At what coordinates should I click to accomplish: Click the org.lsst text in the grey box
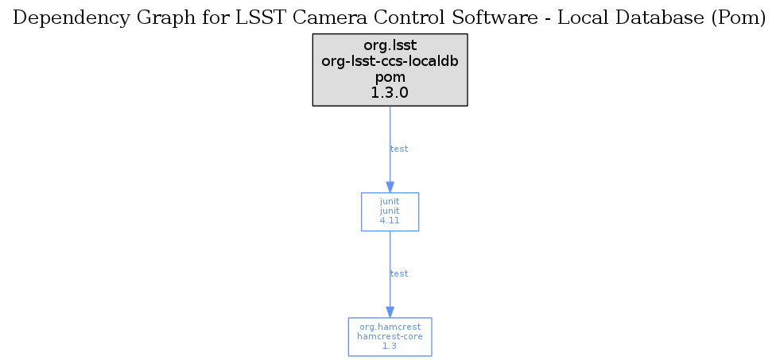(x=390, y=46)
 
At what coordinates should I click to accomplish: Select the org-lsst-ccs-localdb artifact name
(x=390, y=61)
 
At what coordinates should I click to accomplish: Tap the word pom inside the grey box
(x=390, y=78)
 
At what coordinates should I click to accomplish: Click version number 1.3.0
(x=390, y=92)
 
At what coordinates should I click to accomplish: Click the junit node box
(x=390, y=212)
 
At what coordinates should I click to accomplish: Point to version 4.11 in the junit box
(x=390, y=221)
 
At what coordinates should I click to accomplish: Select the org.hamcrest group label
(x=390, y=327)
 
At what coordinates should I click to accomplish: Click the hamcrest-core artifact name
(x=390, y=336)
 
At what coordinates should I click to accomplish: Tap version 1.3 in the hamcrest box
(x=390, y=346)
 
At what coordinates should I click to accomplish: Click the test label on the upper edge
(x=399, y=149)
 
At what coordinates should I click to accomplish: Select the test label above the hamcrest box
(x=399, y=273)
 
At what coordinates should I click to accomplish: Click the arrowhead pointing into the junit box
(x=390, y=187)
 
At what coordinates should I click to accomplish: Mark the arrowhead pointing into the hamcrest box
(x=390, y=312)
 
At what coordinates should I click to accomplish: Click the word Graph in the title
(x=156, y=18)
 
